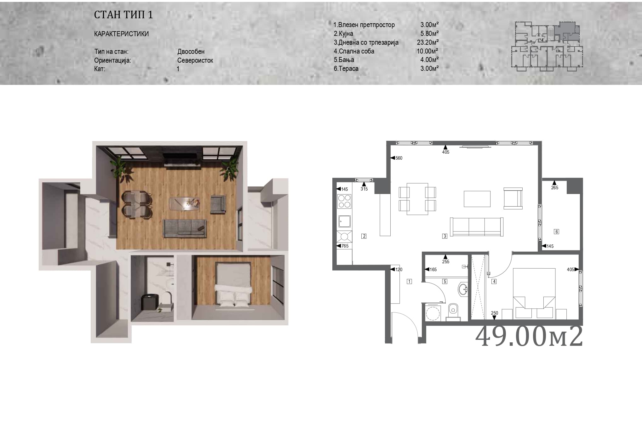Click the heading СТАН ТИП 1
coord(123,15)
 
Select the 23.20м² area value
coord(428,42)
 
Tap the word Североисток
coord(195,60)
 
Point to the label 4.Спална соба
coord(354,51)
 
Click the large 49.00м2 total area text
coord(529,336)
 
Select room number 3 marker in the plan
coord(445,236)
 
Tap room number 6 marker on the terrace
coord(557,232)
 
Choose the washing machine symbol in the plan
coord(433,312)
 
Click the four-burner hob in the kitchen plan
coord(344,201)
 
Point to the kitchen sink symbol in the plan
coord(345,221)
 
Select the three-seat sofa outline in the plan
coord(477,227)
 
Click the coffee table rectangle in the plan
coord(477,199)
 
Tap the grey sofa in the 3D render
coord(185,228)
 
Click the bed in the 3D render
coord(233,285)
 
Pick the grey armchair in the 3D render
coord(218,204)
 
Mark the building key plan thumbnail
coord(547,46)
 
